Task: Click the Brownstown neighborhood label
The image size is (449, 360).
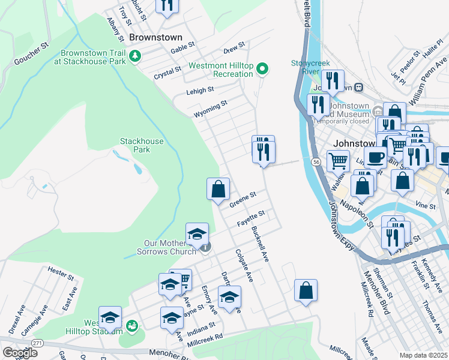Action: pos(155,37)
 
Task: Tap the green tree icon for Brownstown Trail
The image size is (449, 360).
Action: pos(136,56)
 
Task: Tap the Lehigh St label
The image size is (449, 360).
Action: pos(200,90)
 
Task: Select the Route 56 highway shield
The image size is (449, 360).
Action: pos(315,161)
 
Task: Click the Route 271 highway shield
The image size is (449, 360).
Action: pos(38,343)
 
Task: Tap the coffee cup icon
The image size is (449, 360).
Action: pos(375,157)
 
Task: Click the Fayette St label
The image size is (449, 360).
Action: pos(251,218)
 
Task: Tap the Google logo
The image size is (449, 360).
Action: pos(20,353)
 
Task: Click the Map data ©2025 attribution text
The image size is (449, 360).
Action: pos(423,355)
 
